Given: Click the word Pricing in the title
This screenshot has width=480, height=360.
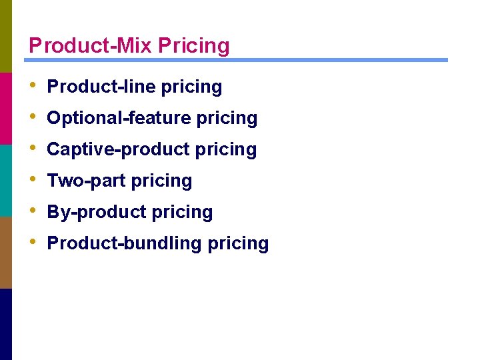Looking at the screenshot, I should coord(194,46).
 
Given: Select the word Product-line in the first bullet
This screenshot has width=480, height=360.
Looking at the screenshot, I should coord(101,87).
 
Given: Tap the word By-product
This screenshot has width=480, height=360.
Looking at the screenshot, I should coord(97,212).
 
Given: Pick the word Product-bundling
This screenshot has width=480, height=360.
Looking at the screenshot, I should coord(125,243).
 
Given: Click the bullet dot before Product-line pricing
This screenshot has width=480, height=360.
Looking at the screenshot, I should coord(33,86).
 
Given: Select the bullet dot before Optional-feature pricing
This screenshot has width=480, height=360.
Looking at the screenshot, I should coord(33,117).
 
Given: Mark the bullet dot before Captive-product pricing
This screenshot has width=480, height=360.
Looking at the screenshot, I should coord(33,149).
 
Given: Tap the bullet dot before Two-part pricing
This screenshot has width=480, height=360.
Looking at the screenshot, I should coord(33,180).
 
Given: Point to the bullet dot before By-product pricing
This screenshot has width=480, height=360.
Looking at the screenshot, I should coord(33,211).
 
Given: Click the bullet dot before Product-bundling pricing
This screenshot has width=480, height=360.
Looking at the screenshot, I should coord(33,243).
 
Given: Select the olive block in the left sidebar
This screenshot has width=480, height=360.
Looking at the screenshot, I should coord(5,36).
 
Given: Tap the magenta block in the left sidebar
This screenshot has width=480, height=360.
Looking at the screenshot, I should coord(5,108).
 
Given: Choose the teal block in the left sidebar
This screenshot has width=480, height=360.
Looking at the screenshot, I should coord(5,180).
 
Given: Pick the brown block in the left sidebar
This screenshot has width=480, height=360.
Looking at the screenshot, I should coord(5,252).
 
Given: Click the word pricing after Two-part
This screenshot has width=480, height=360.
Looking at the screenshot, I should coord(162,181).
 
